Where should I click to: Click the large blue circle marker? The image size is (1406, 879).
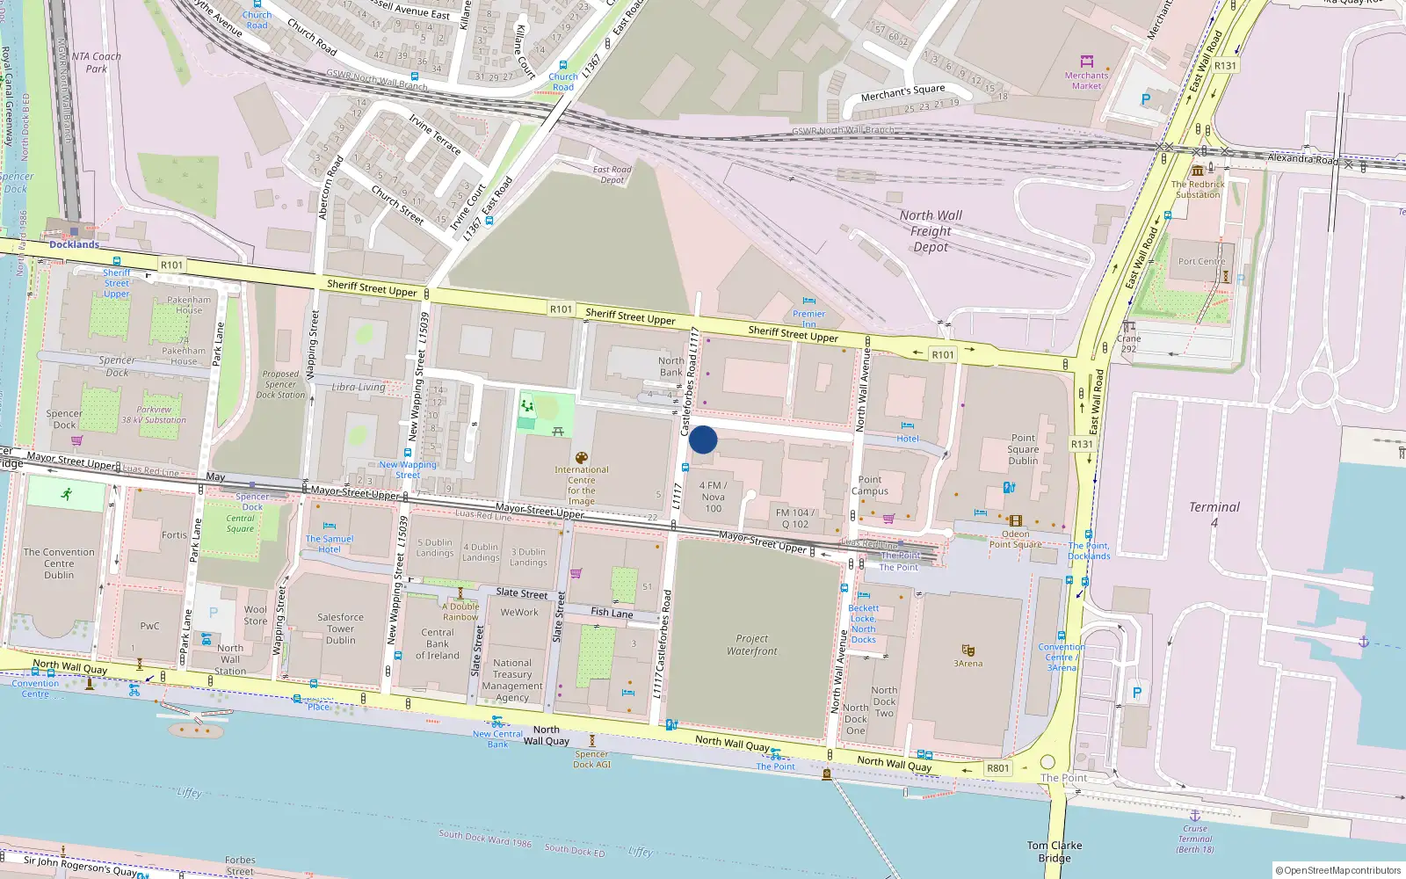coord(703,439)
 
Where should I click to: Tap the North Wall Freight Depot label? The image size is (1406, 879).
coord(931,231)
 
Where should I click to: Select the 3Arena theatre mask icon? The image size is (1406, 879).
coord(968,650)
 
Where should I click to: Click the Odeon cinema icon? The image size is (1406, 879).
coord(1016,520)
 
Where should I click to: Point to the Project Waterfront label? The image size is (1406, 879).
coord(752,644)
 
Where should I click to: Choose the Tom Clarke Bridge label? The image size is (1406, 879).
coord(1054,852)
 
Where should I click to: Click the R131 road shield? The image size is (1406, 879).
coord(1082,444)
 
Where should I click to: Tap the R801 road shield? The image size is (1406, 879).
coord(998,767)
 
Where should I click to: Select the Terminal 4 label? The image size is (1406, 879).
coord(1214,514)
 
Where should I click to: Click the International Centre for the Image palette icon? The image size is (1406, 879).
coord(581,458)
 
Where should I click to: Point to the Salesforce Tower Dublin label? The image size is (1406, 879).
coord(340,628)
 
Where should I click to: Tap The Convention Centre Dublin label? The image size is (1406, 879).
coord(59,563)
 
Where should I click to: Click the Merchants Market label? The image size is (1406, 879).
coord(1086,81)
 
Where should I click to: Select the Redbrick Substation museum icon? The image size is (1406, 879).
coord(1198,171)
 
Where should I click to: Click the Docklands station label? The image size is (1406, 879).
coord(74,244)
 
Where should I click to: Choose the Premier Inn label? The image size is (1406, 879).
coord(809,317)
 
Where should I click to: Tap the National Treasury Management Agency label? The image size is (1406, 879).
coord(512,680)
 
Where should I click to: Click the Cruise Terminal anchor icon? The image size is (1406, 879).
coord(1194,815)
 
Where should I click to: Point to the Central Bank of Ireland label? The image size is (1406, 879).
coord(438,643)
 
